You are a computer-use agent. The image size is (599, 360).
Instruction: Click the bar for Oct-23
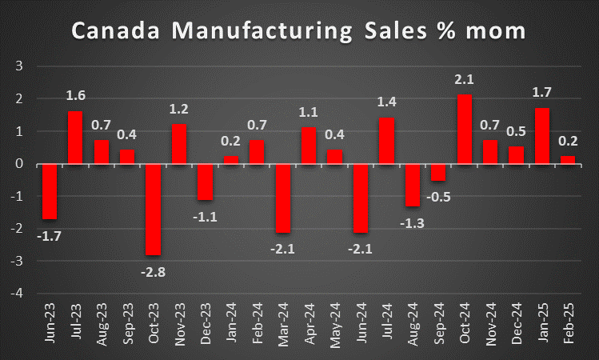[x=153, y=209]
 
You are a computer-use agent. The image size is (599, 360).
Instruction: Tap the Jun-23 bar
[x=50, y=191]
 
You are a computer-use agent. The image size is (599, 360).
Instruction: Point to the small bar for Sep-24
[x=439, y=172]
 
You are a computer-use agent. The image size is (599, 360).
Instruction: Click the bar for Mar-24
[x=283, y=198]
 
